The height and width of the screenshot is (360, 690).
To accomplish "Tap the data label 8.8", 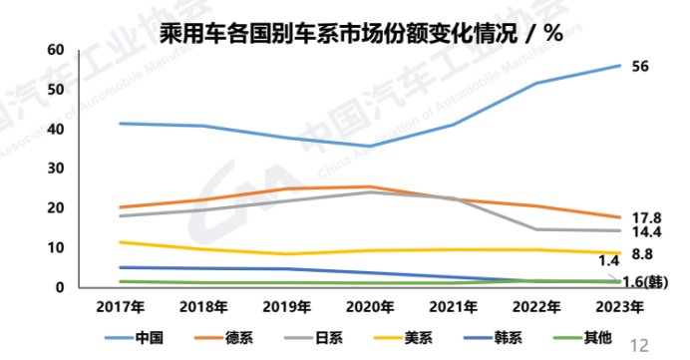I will coord(644,253).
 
